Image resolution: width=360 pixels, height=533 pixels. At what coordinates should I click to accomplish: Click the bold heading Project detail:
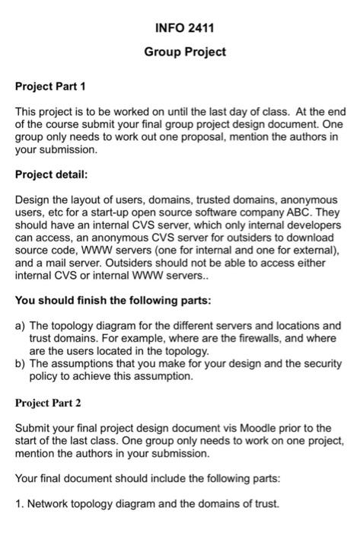(53, 174)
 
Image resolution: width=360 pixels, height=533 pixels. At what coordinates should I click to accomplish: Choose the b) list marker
(21, 363)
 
